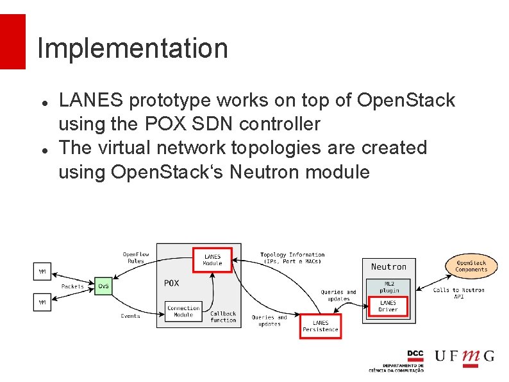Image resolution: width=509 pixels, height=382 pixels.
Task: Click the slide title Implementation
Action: point(133,48)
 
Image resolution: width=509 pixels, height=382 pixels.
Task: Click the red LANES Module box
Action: point(212,260)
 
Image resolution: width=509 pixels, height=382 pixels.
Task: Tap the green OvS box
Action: point(103,286)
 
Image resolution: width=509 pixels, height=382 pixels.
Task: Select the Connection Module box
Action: point(183,311)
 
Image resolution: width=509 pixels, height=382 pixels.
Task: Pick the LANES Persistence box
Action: point(321,326)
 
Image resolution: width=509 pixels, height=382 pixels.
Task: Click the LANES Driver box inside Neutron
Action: point(388,306)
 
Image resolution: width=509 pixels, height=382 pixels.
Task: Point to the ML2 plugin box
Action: point(388,287)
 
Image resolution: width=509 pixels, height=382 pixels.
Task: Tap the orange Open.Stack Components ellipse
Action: point(471,266)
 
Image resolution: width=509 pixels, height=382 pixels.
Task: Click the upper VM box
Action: point(42,272)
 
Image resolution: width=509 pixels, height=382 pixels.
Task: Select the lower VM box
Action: point(42,301)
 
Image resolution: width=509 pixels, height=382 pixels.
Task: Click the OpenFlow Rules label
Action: point(136,257)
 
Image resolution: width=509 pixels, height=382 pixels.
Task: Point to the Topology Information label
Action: point(292,257)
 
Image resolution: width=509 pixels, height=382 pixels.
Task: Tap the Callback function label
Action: point(223,317)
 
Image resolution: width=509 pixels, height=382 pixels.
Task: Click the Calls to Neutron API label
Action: point(458,293)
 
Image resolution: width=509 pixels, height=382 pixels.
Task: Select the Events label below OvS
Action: point(130,316)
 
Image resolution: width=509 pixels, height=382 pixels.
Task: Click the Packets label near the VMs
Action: point(72,286)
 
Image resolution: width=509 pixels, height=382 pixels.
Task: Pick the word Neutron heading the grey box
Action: point(388,266)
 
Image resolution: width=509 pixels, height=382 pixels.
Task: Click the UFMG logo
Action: point(465,356)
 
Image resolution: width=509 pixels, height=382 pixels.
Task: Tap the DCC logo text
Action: point(415,354)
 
